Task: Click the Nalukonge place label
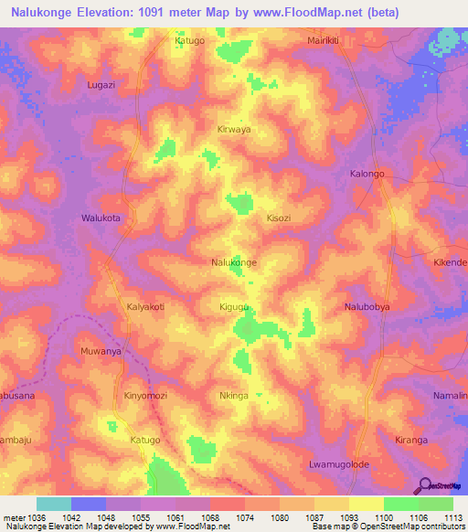point(234,262)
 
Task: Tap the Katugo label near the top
point(190,41)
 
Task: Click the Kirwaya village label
point(234,130)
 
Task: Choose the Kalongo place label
point(368,173)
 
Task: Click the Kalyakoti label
point(145,307)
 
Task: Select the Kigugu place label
point(235,307)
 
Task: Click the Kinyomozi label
point(145,396)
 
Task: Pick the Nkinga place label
point(234,396)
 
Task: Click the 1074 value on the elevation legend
point(245,517)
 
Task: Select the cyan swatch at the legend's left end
point(54,504)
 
